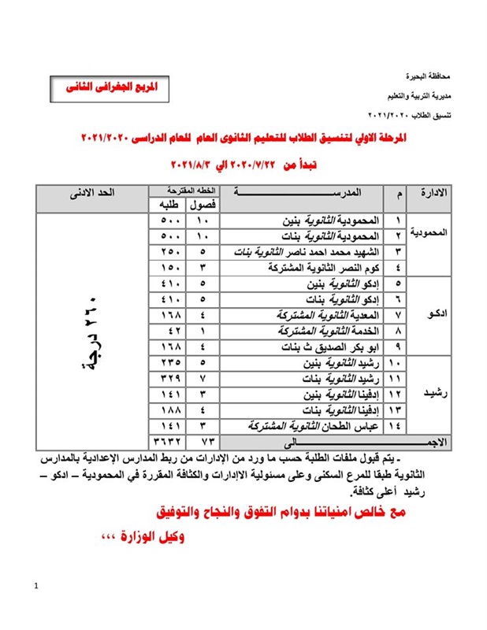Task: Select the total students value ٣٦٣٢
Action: (167, 441)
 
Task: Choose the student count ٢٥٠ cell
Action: (167, 251)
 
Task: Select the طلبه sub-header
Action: (166, 205)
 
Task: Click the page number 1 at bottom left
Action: (36, 586)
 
